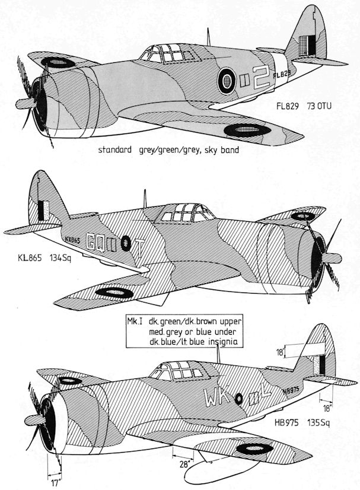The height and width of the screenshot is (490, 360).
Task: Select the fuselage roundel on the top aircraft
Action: pos(227,80)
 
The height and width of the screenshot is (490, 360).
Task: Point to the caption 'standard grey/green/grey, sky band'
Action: pos(169,151)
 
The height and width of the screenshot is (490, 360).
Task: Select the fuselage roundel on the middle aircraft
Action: pos(125,242)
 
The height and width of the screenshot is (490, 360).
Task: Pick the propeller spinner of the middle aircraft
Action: pos(329,257)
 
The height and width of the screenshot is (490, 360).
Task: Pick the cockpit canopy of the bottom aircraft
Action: pos(178,371)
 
